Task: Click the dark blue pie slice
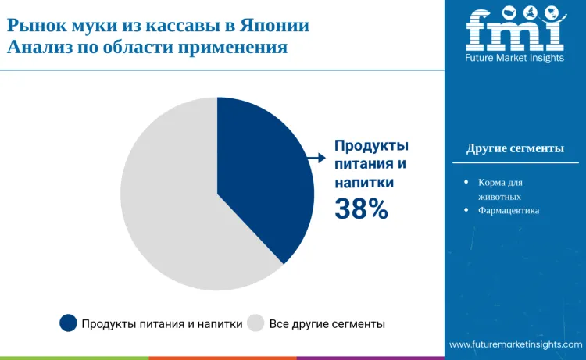click(x=262, y=180)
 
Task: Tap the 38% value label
click(x=361, y=209)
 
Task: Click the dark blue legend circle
click(x=69, y=323)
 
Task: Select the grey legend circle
click(x=255, y=323)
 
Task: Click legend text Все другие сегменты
click(x=327, y=323)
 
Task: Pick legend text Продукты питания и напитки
click(x=162, y=323)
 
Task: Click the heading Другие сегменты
click(x=515, y=148)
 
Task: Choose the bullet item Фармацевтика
click(x=509, y=211)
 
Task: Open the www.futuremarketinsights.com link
click(x=516, y=344)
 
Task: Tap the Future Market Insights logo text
click(x=515, y=59)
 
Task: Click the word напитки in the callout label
click(x=364, y=182)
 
